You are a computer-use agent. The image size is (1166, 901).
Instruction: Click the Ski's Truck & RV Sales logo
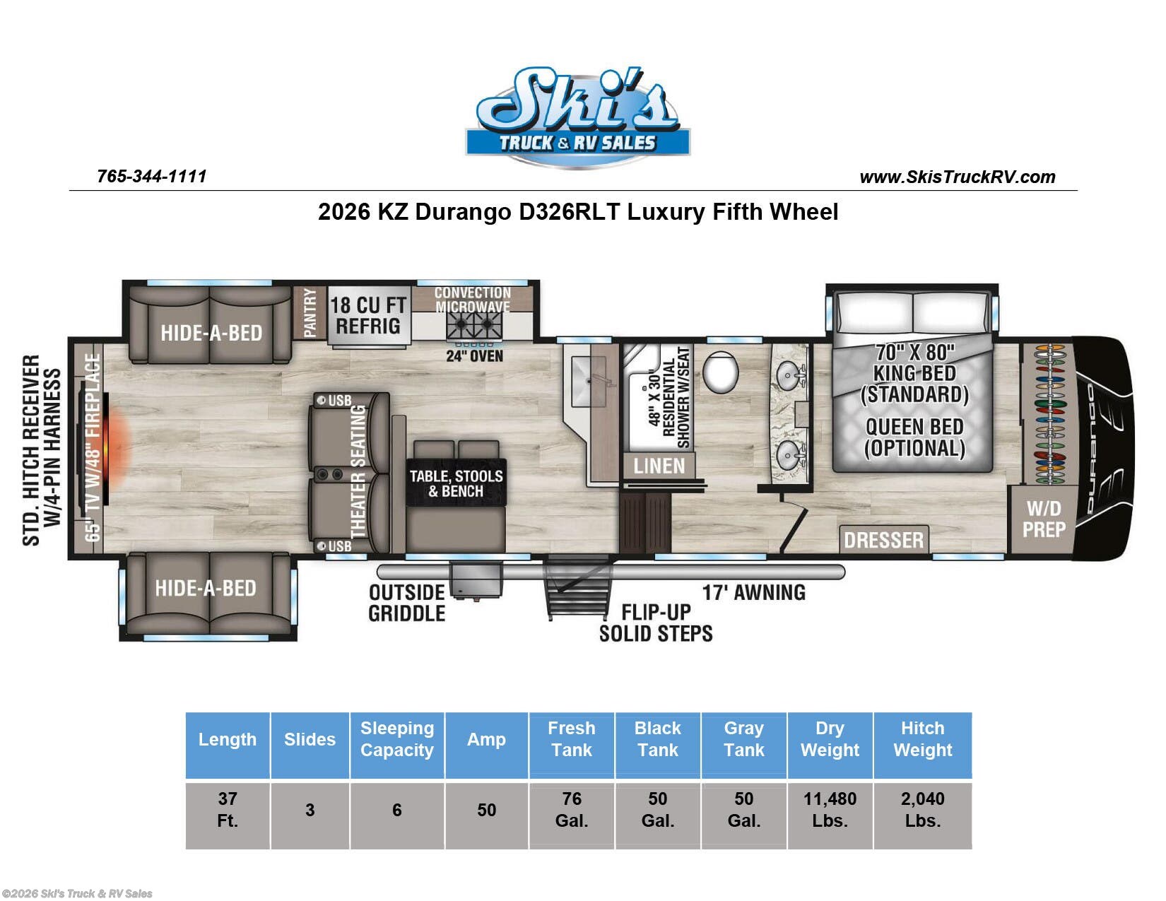[x=577, y=117]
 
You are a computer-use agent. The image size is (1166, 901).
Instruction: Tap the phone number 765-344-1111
[x=151, y=176]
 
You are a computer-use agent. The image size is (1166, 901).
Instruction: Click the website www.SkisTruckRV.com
[x=957, y=177]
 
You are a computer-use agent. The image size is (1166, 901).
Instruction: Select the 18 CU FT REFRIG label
[x=368, y=316]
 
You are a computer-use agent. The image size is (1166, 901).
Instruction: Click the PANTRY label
[x=310, y=313]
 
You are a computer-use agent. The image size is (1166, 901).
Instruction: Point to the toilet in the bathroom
[x=720, y=371]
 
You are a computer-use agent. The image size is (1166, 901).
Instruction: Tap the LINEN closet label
[x=659, y=466]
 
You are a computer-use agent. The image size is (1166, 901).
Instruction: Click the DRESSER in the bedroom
[x=883, y=540]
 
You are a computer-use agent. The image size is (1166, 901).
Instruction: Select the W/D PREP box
[x=1044, y=519]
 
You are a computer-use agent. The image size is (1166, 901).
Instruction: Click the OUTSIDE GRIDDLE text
[x=407, y=603]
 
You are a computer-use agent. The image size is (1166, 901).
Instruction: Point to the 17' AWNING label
[x=753, y=592]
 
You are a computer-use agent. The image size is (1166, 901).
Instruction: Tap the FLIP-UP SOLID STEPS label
[x=656, y=623]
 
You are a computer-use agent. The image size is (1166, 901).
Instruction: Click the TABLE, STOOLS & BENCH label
[x=457, y=483]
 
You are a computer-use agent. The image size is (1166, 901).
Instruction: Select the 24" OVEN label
[x=474, y=355]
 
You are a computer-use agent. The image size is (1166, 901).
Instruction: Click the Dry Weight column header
[x=830, y=739]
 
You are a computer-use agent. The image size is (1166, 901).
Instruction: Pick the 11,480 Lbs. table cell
[x=830, y=810]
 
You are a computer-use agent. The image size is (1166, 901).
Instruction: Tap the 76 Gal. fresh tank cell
[x=571, y=810]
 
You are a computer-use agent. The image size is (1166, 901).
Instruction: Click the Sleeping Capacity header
[x=396, y=739]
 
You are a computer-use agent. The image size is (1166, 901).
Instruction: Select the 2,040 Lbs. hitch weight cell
[x=922, y=810]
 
